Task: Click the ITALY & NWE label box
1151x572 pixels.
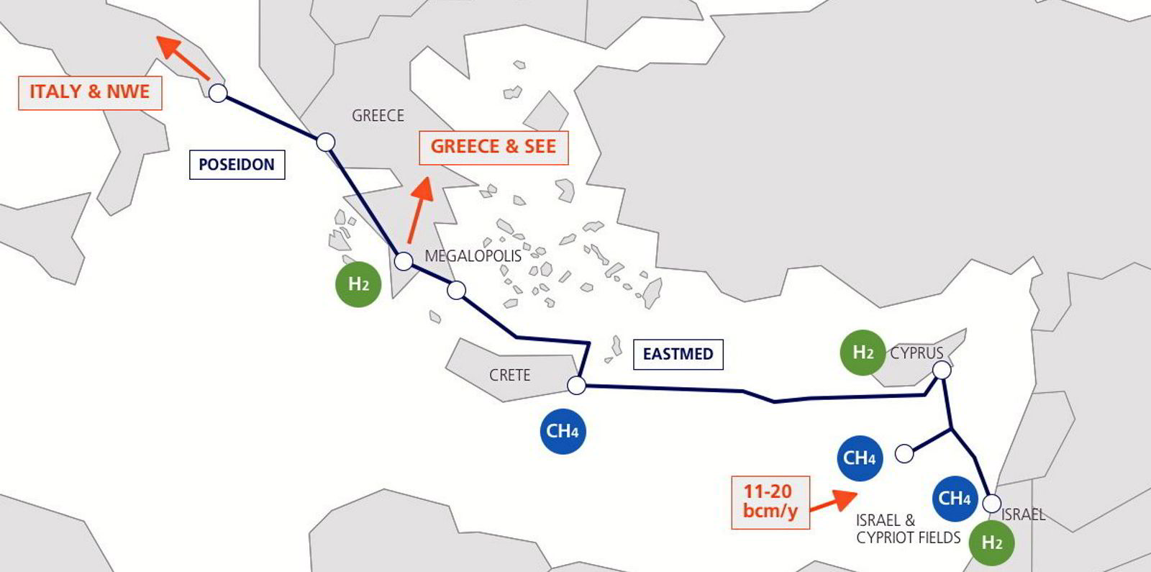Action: click(x=90, y=93)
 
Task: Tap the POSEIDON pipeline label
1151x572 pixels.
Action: click(x=237, y=165)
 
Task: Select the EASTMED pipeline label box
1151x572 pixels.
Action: click(x=678, y=354)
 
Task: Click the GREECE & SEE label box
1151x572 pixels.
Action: click(x=493, y=147)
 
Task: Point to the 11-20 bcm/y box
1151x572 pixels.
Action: click(x=770, y=502)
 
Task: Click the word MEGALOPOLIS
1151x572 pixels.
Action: click(x=473, y=256)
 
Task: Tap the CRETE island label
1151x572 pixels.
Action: click(x=509, y=376)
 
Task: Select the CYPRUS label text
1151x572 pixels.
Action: click(x=916, y=353)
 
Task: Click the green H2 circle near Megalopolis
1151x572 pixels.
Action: click(x=358, y=284)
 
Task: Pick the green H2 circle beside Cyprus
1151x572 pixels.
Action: click(x=863, y=353)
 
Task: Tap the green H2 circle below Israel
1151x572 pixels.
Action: click(x=991, y=543)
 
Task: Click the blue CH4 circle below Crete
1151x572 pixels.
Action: click(x=563, y=432)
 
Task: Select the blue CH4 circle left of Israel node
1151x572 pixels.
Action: click(x=955, y=499)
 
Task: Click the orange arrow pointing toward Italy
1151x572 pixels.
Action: click(x=182, y=57)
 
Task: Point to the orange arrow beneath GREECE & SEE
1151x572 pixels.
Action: click(x=419, y=208)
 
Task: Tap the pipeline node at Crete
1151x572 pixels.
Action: click(x=576, y=386)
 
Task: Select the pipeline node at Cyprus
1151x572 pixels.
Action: click(x=942, y=371)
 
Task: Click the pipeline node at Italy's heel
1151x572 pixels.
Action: click(x=218, y=93)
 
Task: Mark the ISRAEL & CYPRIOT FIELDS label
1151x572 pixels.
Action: click(x=908, y=529)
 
